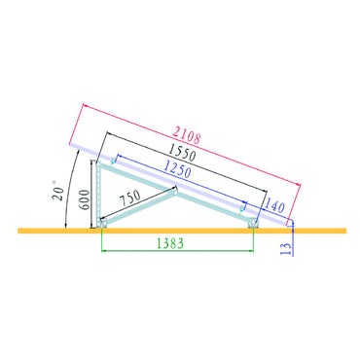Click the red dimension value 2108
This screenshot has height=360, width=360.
(x=186, y=134)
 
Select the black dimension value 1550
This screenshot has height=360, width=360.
(x=182, y=152)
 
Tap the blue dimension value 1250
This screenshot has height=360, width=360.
(x=177, y=168)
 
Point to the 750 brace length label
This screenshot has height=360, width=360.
(x=129, y=198)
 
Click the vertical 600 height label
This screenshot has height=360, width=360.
(x=85, y=199)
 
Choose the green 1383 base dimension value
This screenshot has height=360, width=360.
(x=170, y=242)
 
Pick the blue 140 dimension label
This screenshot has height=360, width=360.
(x=275, y=205)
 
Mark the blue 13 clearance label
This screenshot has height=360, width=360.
(x=286, y=248)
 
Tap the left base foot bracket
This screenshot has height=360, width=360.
(x=102, y=223)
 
